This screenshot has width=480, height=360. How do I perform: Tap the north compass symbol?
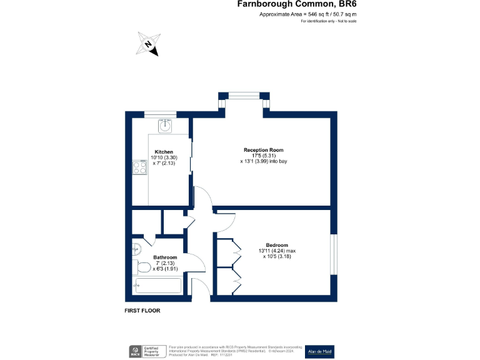click(148, 44)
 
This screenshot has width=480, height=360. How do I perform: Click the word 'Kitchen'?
click(164, 152)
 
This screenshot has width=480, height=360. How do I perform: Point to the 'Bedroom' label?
click(277, 244)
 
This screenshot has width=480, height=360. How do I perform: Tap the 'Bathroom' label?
click(165, 257)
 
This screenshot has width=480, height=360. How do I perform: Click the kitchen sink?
click(165, 126)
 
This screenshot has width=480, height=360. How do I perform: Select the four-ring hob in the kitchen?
click(139, 167)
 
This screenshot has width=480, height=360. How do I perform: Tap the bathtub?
click(157, 286)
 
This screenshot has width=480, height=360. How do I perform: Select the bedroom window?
click(333, 253)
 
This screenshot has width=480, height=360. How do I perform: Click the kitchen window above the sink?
click(161, 114)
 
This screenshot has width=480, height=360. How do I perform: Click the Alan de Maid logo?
click(319, 352)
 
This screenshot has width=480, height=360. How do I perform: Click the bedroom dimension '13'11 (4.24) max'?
click(277, 251)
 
